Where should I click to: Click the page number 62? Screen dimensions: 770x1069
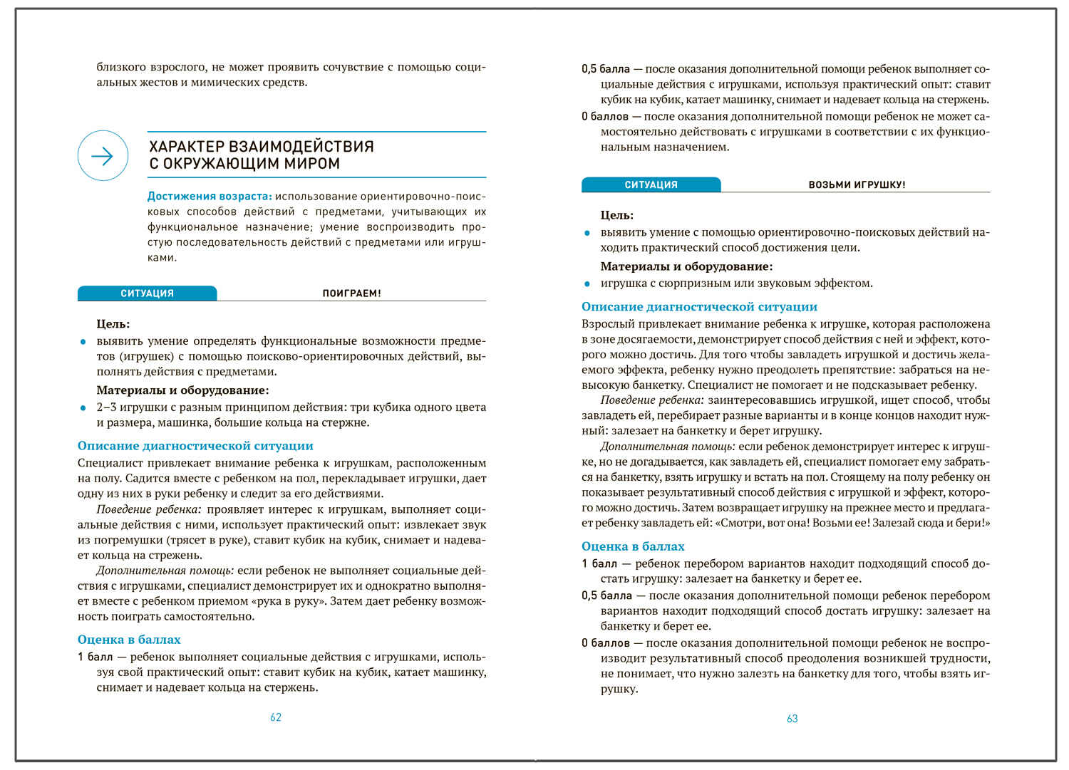click(x=276, y=717)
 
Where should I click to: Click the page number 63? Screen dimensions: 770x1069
click(x=792, y=719)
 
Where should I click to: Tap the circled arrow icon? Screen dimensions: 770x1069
click(x=103, y=156)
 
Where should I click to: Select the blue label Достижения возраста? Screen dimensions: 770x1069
click(x=209, y=196)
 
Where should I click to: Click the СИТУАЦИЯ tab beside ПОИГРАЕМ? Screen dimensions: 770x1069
click(x=147, y=293)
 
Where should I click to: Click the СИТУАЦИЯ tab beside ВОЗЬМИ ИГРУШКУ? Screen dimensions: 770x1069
click(x=651, y=184)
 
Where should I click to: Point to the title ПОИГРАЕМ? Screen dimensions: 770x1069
click(x=351, y=293)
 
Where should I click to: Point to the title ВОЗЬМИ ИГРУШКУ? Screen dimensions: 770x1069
click(x=857, y=184)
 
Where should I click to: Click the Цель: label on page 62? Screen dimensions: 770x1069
click(x=113, y=324)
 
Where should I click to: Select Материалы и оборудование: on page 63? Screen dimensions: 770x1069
click(x=686, y=266)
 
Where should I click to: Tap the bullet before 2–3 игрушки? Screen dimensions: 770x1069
click(x=83, y=408)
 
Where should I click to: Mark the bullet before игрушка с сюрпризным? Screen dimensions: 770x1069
click(x=587, y=283)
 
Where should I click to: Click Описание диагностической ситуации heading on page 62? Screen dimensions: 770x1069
click(x=195, y=446)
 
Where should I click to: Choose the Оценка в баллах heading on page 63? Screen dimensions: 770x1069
click(x=633, y=546)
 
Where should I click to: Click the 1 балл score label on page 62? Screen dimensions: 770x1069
click(x=95, y=657)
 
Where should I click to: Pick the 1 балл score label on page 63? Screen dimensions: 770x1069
click(x=599, y=563)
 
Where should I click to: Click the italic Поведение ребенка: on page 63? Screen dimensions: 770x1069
click(x=651, y=400)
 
